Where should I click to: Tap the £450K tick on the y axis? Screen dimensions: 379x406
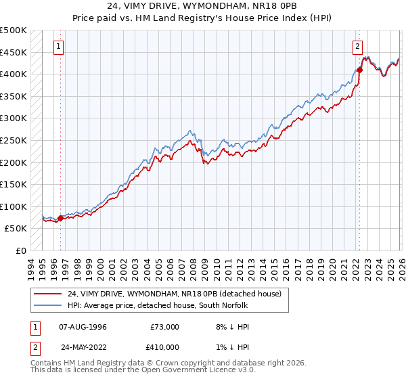pyautogui.click(x=14, y=52)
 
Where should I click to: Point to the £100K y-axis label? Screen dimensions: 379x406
pyautogui.click(x=14, y=206)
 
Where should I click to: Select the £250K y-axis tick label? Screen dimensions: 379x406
pyautogui.click(x=14, y=140)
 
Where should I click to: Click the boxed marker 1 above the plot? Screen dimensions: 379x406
pyautogui.click(x=60, y=46)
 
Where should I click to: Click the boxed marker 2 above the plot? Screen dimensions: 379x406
pyautogui.click(x=357, y=46)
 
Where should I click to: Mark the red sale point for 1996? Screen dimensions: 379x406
pyautogui.click(x=60, y=218)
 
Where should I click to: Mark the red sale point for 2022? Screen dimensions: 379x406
pyautogui.click(x=359, y=69)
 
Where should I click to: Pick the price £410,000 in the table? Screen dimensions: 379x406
pyautogui.click(x=164, y=348)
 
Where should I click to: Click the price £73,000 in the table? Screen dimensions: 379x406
pyautogui.click(x=164, y=326)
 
